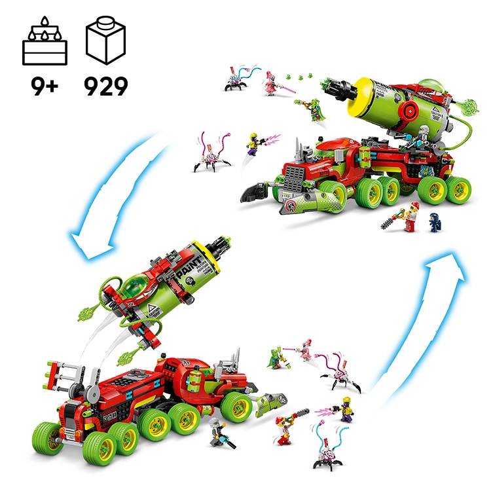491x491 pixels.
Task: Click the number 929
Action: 105,85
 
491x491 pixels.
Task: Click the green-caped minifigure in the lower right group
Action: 275,359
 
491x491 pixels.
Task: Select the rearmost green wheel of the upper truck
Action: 461,187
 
